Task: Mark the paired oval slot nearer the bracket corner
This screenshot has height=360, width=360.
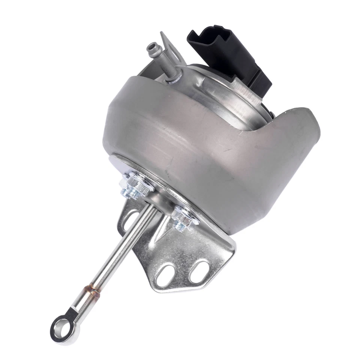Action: coord(198,271)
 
